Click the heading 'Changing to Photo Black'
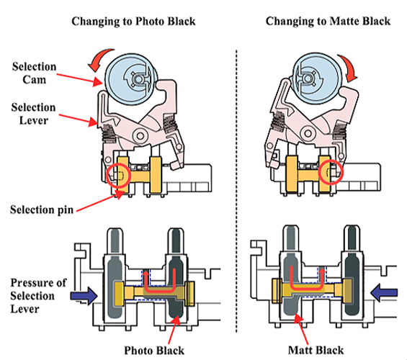[133, 22]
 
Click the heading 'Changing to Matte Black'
[328, 22]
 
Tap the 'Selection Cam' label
[35, 73]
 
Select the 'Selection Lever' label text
[33, 114]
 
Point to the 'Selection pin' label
[42, 210]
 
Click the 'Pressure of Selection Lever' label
[38, 296]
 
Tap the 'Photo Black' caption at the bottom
[154, 351]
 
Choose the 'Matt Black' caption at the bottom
[316, 350]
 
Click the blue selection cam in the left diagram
[130, 79]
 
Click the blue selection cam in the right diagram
[317, 78]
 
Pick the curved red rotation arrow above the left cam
[99, 59]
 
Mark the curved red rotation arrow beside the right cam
[349, 67]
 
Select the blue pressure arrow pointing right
[84, 295]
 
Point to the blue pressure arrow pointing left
[384, 292]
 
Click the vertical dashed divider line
[236, 191]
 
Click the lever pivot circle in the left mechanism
[140, 135]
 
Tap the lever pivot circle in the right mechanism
[308, 134]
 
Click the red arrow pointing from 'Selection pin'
[100, 202]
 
